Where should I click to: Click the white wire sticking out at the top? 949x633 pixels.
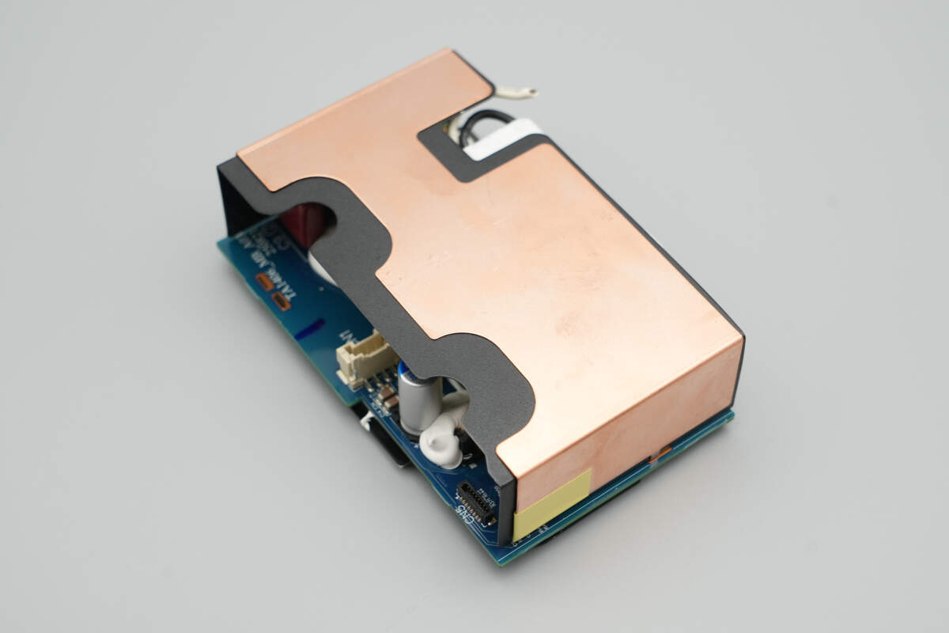[x=510, y=93]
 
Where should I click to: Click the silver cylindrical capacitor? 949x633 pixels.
[x=419, y=400]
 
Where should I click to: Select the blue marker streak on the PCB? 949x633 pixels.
[x=309, y=329]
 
